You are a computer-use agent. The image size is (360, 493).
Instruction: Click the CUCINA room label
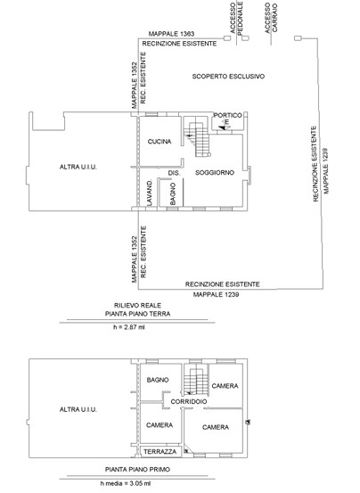pos(160,142)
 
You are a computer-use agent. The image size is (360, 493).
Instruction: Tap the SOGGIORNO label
pos(215,172)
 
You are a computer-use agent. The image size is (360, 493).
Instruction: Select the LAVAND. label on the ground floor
pos(150,193)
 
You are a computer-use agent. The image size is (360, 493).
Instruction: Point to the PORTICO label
pos(228,115)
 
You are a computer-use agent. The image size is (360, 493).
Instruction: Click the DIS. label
pos(174,173)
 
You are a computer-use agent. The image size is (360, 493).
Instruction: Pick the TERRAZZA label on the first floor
pos(160,452)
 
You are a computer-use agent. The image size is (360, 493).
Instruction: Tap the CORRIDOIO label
pos(189,401)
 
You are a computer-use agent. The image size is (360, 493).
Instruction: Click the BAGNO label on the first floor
pos(158,380)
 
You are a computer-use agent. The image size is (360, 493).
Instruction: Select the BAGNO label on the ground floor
pos(173,194)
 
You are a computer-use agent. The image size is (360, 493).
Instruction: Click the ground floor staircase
pos(197,136)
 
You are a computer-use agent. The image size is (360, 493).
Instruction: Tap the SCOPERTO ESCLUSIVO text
pos(228,76)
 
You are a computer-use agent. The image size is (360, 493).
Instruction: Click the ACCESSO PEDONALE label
pos(236,18)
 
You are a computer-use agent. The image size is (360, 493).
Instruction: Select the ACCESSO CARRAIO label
pos(271,18)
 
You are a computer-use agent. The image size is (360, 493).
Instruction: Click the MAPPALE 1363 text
pos(171,34)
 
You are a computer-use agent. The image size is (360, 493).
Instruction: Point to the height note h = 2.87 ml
pos(129,327)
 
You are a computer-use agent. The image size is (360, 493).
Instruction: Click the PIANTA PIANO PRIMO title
pos(137,470)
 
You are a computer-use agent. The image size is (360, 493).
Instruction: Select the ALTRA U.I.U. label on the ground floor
pos(78,167)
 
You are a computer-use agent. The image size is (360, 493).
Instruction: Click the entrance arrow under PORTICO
pos(225,128)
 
